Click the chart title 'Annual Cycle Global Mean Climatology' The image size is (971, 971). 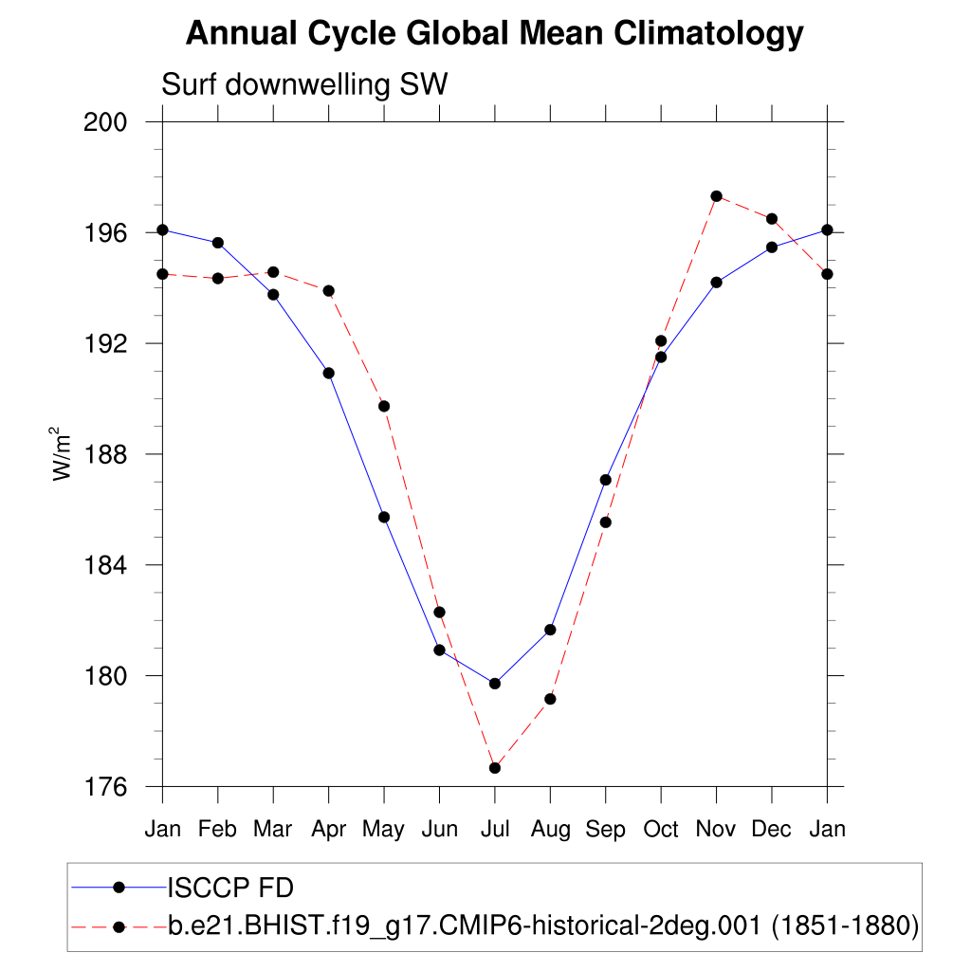[494, 34]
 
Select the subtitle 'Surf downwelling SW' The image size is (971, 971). [304, 84]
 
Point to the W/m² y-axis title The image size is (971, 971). [64, 454]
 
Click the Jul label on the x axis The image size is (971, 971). [494, 830]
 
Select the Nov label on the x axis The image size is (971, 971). [716, 830]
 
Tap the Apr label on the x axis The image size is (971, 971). [328, 830]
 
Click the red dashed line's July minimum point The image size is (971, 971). [495, 768]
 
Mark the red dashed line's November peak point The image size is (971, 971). [717, 196]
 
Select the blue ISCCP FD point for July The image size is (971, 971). [495, 684]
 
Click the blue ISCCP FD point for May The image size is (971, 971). [384, 517]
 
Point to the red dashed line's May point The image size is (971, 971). [384, 406]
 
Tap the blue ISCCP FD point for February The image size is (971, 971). [218, 243]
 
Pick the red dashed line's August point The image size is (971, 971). [550, 699]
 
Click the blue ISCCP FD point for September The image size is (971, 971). [606, 480]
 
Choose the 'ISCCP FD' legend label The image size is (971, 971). [230, 889]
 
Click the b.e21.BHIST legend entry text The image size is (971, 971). [543, 925]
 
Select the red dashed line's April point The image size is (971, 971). [329, 290]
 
